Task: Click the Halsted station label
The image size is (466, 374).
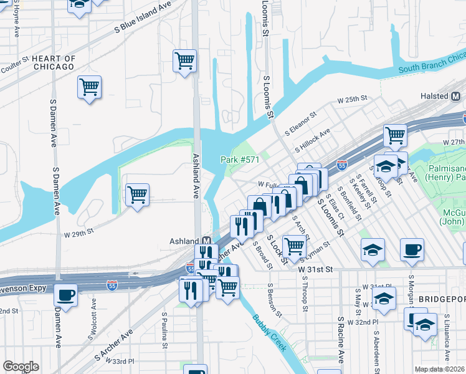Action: [434, 96]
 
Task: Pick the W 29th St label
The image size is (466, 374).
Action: [78, 231]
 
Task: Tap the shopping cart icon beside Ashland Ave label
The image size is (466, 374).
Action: [184, 61]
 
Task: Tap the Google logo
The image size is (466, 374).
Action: [21, 367]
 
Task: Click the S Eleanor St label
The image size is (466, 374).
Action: [301, 123]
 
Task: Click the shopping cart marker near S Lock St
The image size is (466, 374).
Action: [294, 247]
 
